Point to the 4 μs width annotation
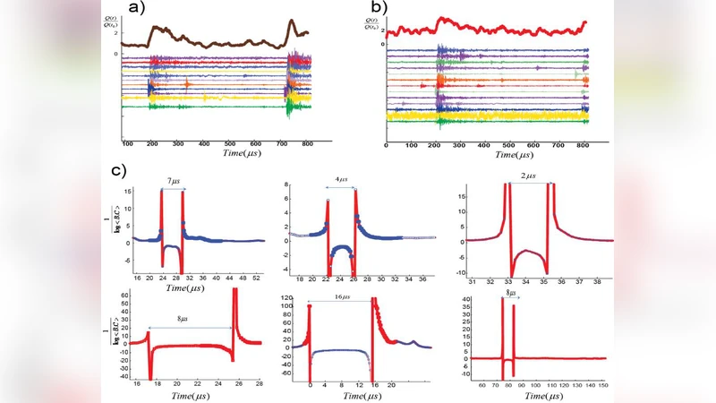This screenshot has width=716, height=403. tap(342, 180)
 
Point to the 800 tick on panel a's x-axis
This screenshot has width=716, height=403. tap(308, 143)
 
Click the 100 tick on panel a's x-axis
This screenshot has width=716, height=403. tap(128, 143)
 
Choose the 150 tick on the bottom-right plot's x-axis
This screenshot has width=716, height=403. tap(602, 384)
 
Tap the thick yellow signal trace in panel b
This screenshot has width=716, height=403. tap(483, 116)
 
